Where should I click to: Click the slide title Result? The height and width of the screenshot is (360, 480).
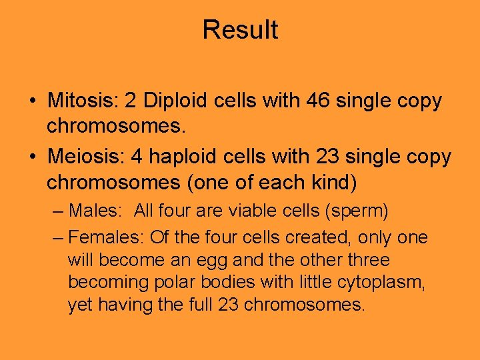point(240,30)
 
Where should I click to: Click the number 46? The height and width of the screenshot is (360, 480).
point(318,101)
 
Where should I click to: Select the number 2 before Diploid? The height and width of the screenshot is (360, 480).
point(131,101)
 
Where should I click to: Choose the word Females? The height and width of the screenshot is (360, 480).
point(106,237)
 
